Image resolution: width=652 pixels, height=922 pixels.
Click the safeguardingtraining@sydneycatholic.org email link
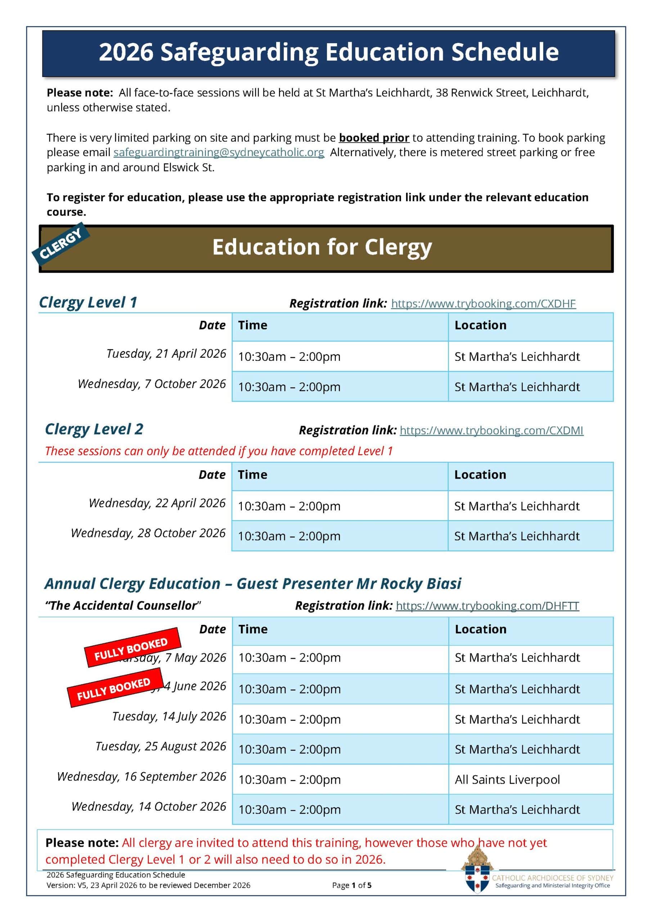tap(219, 153)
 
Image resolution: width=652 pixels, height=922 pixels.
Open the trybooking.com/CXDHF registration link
tap(483, 304)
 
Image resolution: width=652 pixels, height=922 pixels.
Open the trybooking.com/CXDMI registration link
tap(491, 430)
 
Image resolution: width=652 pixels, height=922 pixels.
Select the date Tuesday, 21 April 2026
tap(166, 354)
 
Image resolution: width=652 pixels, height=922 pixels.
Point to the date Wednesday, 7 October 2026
tap(152, 384)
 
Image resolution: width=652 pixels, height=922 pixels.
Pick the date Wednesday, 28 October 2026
tap(148, 533)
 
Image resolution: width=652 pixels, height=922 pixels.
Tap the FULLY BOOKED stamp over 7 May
tap(132, 648)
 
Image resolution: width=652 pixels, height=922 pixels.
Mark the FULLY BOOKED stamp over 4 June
tap(115, 688)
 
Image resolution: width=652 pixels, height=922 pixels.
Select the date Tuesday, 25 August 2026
tap(161, 746)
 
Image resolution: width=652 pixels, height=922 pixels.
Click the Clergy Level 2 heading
tap(94, 429)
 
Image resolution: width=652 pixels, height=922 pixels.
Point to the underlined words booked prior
tap(374, 138)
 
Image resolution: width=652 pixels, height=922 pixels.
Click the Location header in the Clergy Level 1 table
tap(480, 325)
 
